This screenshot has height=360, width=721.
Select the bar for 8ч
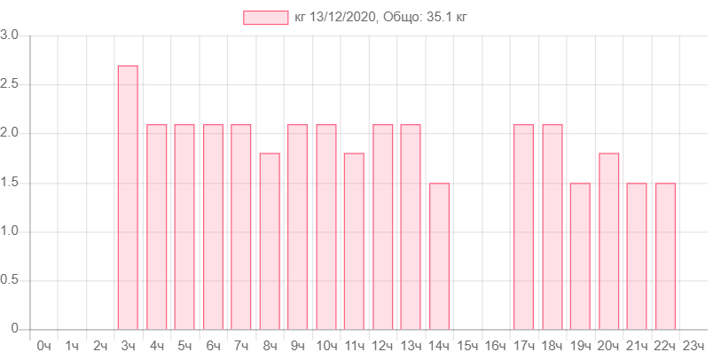tap(270, 240)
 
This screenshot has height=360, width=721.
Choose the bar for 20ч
tap(609, 240)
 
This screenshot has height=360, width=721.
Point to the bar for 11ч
tap(354, 240)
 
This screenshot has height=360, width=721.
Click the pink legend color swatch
tap(265, 18)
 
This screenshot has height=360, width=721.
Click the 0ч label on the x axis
tap(43, 345)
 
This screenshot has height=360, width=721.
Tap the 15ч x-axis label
tap(466, 345)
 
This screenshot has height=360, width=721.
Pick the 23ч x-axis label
tap(694, 345)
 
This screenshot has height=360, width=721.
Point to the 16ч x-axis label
tap(495, 345)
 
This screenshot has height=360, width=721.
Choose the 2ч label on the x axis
tap(100, 345)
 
